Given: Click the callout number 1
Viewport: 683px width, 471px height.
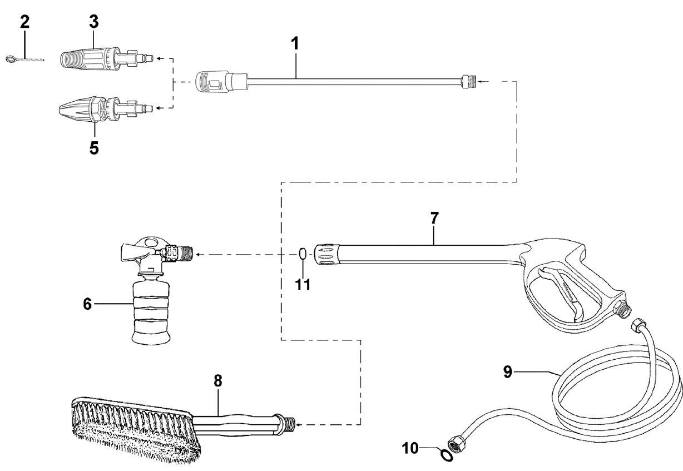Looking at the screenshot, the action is [x=295, y=43].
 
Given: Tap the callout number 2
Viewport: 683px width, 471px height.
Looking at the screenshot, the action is [x=24, y=22].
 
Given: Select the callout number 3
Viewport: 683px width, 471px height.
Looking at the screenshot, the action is [x=94, y=22].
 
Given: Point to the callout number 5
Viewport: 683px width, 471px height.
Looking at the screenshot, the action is [x=94, y=148].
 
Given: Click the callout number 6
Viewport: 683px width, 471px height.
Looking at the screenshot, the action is [x=87, y=304].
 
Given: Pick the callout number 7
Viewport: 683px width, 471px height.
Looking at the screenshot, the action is [x=434, y=218].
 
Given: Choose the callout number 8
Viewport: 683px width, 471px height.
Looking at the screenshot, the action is [x=217, y=381].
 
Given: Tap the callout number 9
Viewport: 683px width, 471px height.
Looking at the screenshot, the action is [x=508, y=372].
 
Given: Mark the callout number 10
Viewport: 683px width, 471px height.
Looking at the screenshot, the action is [x=410, y=448].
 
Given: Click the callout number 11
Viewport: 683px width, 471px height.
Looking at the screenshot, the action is [x=303, y=284].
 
